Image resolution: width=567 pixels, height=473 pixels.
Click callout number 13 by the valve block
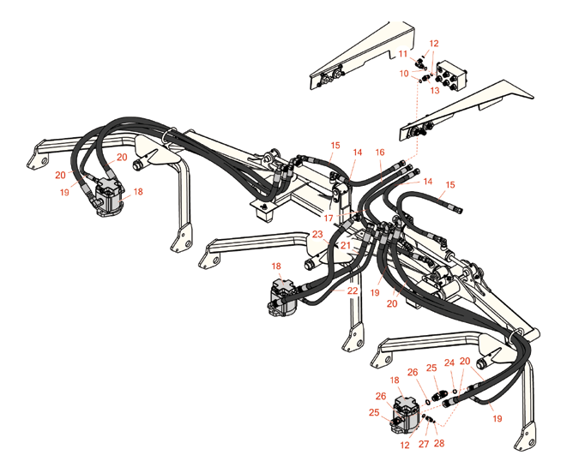(435, 89)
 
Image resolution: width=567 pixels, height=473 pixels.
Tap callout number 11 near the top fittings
(402, 54)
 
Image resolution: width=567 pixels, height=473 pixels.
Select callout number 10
(404, 74)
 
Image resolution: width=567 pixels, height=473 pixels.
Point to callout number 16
(380, 153)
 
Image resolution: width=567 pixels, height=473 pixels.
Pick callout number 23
(317, 234)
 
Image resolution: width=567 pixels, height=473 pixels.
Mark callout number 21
(346, 246)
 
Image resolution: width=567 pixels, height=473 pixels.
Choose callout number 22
(352, 290)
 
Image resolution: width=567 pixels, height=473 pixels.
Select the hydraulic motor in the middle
(284, 297)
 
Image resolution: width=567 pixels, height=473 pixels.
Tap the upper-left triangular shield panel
(360, 56)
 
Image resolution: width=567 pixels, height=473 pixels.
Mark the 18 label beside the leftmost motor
(137, 192)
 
